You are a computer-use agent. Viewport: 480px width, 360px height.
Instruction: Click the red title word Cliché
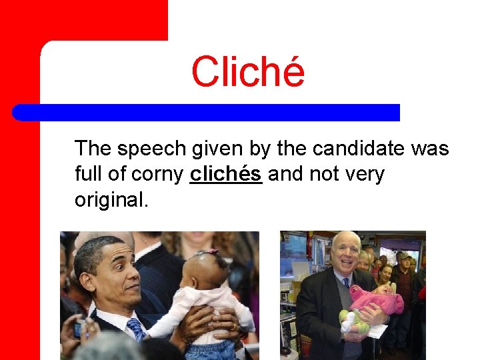click(x=247, y=73)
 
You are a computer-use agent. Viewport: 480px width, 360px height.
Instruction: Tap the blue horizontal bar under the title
click(x=206, y=112)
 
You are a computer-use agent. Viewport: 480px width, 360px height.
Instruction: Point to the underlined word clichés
click(x=225, y=175)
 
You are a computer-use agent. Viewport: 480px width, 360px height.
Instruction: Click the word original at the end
click(x=111, y=200)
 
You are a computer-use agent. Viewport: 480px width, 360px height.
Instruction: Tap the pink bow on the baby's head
click(x=211, y=251)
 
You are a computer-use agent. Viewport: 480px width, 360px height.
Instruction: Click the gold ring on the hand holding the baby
click(x=235, y=327)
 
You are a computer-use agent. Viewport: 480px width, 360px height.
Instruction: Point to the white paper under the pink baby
click(x=377, y=331)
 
